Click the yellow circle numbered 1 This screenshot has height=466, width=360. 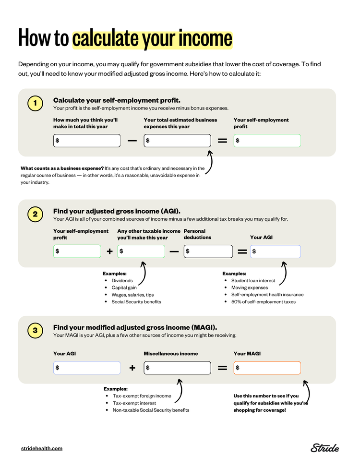35,103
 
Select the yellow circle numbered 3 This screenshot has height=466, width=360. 35,330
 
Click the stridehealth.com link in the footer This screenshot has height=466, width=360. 42,448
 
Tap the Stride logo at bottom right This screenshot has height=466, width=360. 324,448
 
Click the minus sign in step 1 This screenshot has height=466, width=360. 132,141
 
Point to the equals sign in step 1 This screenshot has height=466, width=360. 222,141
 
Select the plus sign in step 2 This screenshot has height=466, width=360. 109,251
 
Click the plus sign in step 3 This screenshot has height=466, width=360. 132,368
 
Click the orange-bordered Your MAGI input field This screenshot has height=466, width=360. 267,368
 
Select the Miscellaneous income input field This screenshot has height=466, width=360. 177,368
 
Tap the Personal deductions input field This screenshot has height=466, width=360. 208,251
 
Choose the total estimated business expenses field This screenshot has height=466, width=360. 177,141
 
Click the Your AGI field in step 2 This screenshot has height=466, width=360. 276,251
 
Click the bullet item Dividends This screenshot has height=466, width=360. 122,280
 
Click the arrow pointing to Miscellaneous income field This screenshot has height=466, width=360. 179,391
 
